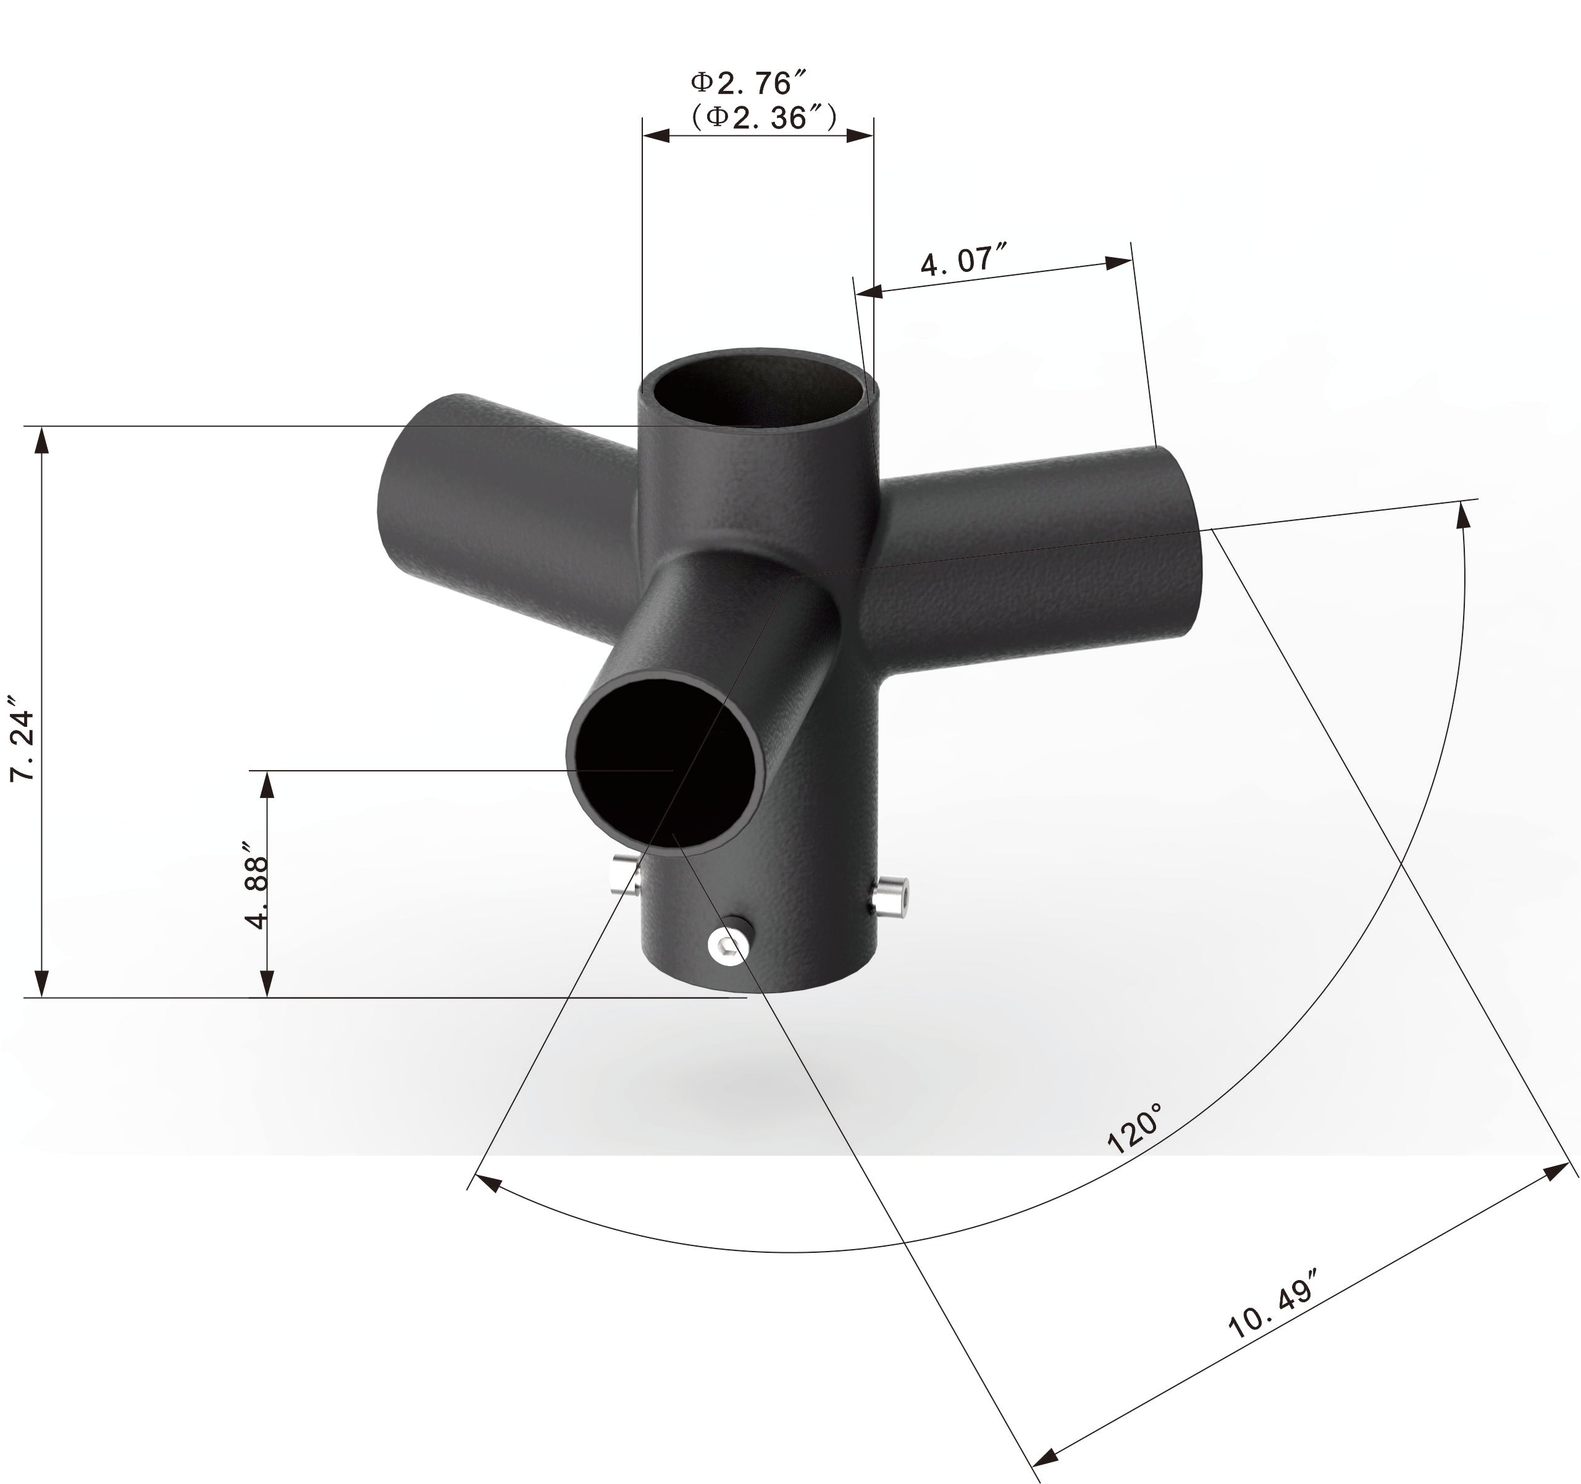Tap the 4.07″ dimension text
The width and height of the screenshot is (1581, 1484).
[x=964, y=260]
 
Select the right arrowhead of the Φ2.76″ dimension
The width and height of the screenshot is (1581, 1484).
[x=862, y=135]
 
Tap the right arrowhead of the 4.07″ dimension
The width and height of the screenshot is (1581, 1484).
[x=1120, y=263]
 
